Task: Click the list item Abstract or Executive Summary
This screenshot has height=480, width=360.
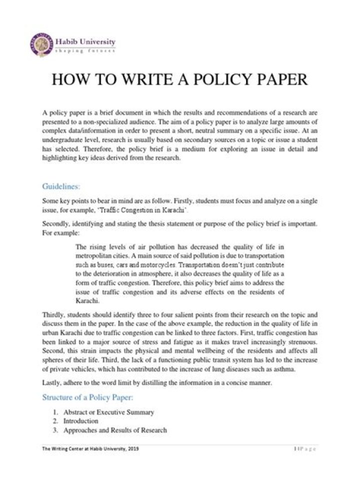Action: pyautogui.click(x=108, y=412)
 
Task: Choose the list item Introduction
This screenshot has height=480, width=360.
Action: pyautogui.click(x=80, y=421)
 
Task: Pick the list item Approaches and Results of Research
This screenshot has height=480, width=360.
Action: pyautogui.click(x=114, y=430)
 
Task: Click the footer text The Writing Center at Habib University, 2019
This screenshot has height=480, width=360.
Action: pyautogui.click(x=90, y=449)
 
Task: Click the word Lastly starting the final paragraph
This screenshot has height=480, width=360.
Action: pyautogui.click(x=51, y=382)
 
